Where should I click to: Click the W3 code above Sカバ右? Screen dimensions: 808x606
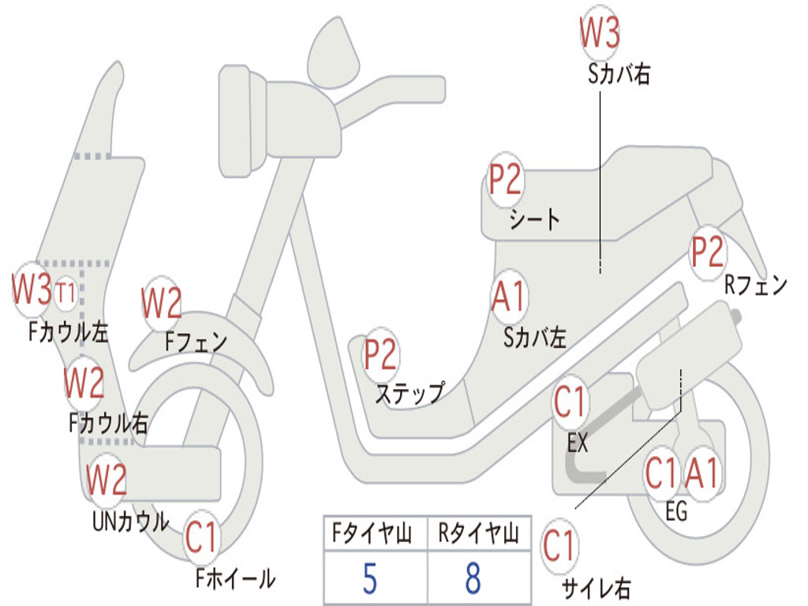(x=600, y=32)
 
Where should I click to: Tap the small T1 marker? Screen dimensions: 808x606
(x=65, y=293)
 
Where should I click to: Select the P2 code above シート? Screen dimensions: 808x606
(x=505, y=179)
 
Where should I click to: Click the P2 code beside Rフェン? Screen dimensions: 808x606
(x=708, y=252)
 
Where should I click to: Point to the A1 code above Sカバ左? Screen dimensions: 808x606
(x=509, y=296)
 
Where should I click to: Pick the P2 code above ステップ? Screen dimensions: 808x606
(x=380, y=353)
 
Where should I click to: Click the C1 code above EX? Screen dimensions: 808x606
(x=570, y=402)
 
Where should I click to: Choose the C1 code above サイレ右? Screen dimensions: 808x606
(x=559, y=545)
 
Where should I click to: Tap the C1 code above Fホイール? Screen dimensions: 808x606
(x=201, y=537)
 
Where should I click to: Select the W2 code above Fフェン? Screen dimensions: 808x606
(x=162, y=302)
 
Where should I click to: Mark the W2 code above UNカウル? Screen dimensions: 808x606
(x=107, y=479)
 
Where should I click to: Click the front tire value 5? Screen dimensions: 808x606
(x=370, y=578)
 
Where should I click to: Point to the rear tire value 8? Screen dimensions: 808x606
(x=473, y=578)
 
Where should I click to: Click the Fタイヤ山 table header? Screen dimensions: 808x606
(x=372, y=533)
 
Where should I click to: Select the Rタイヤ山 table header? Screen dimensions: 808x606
(x=478, y=533)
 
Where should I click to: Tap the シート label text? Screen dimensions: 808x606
(x=534, y=219)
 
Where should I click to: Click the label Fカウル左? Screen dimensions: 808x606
(x=69, y=332)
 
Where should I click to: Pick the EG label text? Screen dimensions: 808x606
(x=676, y=511)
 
